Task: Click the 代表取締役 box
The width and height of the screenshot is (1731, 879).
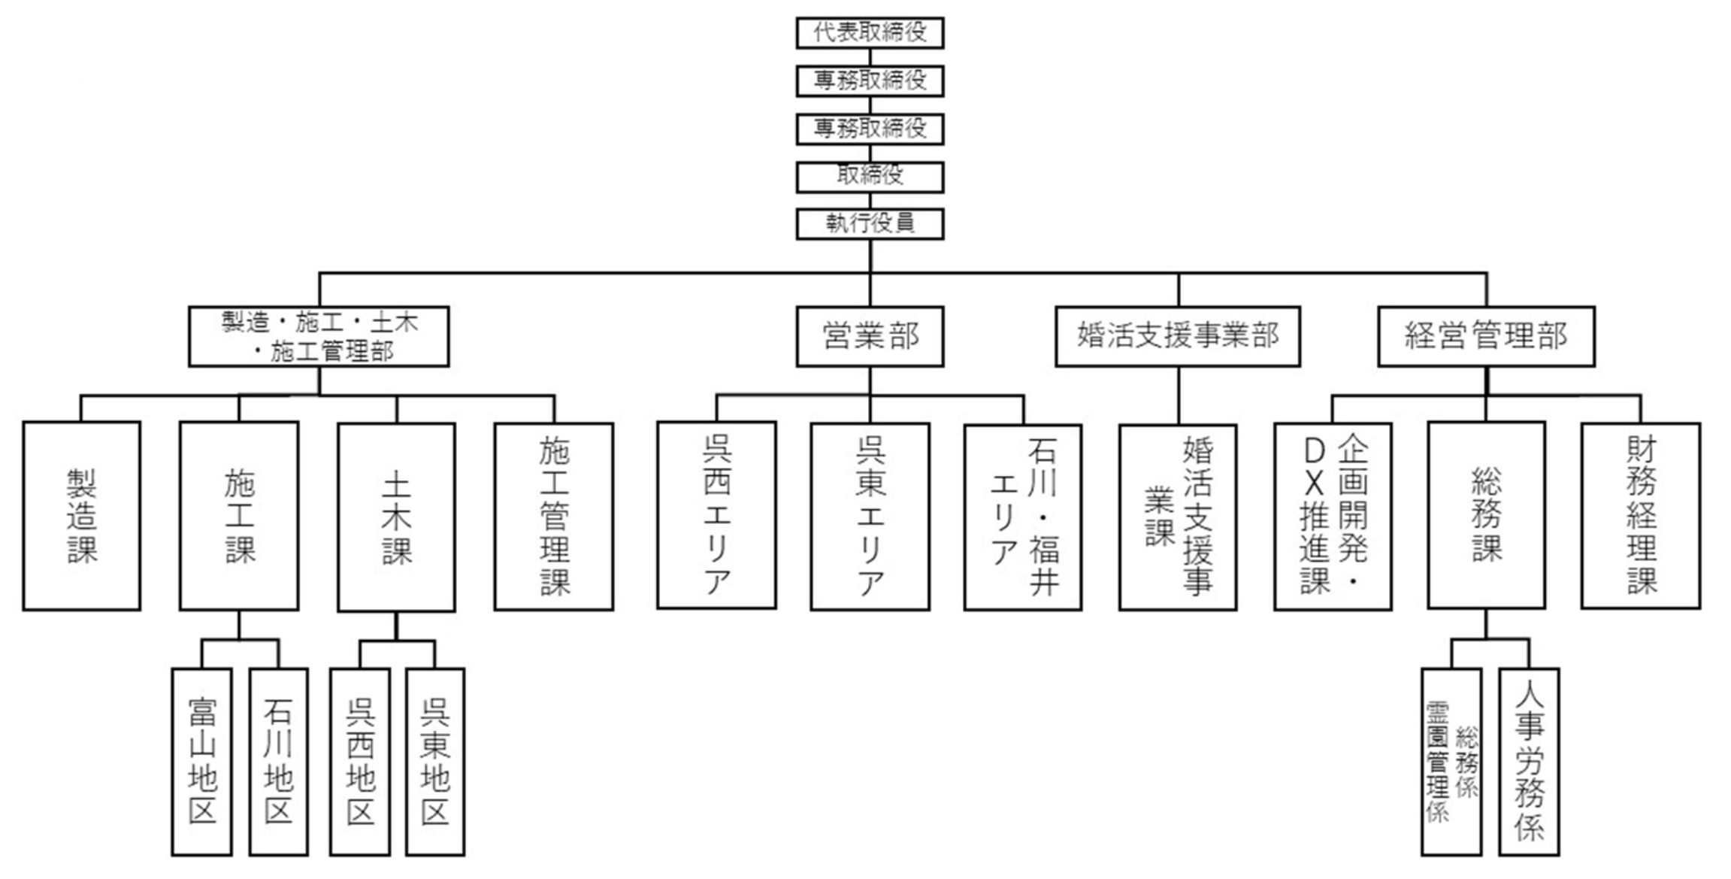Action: [870, 33]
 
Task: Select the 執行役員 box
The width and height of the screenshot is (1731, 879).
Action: [870, 223]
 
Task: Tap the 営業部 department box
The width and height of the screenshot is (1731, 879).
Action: [870, 336]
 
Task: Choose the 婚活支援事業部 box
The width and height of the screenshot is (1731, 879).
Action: [1177, 336]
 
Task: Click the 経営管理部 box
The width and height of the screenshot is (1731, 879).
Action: [1485, 336]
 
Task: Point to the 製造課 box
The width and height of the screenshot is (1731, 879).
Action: [81, 516]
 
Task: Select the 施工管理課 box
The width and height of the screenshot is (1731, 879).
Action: [554, 516]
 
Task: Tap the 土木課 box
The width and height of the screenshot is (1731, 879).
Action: [396, 517]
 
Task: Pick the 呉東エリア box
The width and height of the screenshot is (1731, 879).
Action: [870, 516]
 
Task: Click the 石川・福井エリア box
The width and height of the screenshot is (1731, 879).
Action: [1023, 517]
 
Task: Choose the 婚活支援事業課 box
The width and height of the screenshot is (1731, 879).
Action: [1177, 517]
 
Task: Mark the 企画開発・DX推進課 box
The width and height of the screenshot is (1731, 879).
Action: [1333, 516]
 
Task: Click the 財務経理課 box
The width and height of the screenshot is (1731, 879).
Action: [1640, 516]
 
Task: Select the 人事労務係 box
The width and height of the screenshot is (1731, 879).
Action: [1528, 762]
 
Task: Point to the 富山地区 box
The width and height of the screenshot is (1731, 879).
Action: [201, 762]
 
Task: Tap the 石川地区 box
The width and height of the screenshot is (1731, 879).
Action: [278, 762]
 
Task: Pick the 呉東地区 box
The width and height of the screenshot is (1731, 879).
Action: [434, 762]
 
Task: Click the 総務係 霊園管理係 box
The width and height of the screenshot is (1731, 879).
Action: [1451, 762]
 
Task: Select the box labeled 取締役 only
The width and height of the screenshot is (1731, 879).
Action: [870, 177]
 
